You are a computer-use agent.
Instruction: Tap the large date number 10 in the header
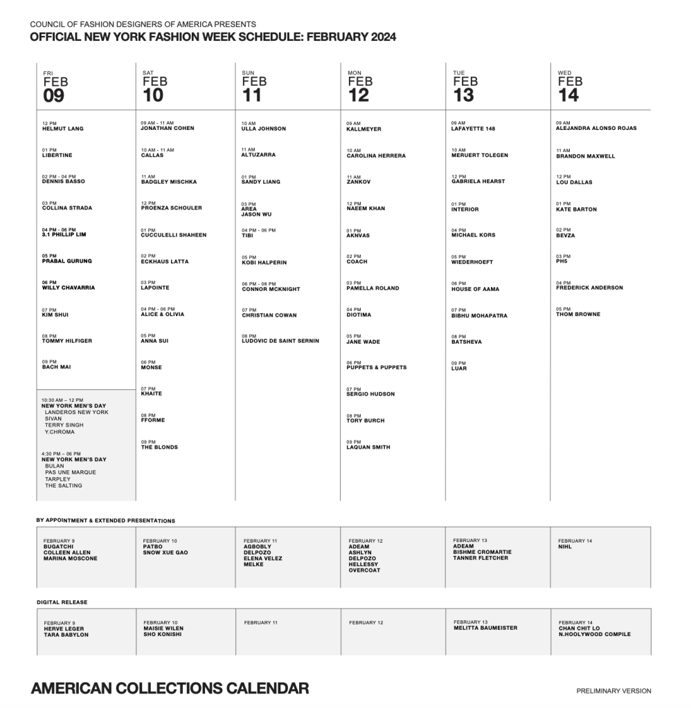(x=153, y=95)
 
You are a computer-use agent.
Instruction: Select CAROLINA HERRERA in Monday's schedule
(x=376, y=156)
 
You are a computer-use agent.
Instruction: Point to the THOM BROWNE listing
(x=578, y=315)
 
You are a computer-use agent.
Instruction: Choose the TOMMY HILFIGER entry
(x=66, y=341)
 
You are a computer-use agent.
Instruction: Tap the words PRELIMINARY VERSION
(x=613, y=691)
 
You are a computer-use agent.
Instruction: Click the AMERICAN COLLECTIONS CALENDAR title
(x=170, y=688)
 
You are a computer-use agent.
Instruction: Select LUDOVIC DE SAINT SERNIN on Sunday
(x=280, y=341)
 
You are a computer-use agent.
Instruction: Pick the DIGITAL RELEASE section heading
(x=62, y=602)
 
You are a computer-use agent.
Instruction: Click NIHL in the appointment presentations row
(x=565, y=546)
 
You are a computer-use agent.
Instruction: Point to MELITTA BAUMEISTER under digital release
(x=485, y=628)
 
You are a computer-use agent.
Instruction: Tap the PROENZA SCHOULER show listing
(x=171, y=208)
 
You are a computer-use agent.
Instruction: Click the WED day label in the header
(x=564, y=73)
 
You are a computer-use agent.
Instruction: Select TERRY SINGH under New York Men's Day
(x=64, y=425)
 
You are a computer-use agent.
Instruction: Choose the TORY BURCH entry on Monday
(x=365, y=420)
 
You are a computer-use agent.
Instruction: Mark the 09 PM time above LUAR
(x=458, y=363)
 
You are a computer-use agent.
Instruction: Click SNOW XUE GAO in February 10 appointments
(x=165, y=552)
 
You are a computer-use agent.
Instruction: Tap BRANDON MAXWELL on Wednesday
(x=585, y=156)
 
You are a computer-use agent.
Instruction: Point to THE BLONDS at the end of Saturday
(x=159, y=447)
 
